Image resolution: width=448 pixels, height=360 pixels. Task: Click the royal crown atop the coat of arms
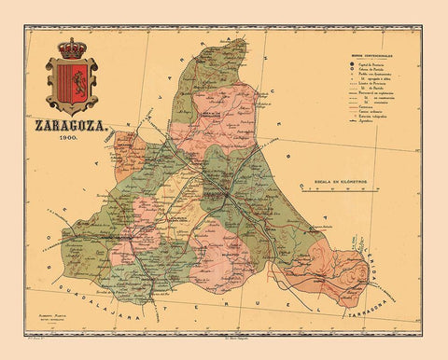pyautogui.click(x=72, y=47)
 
